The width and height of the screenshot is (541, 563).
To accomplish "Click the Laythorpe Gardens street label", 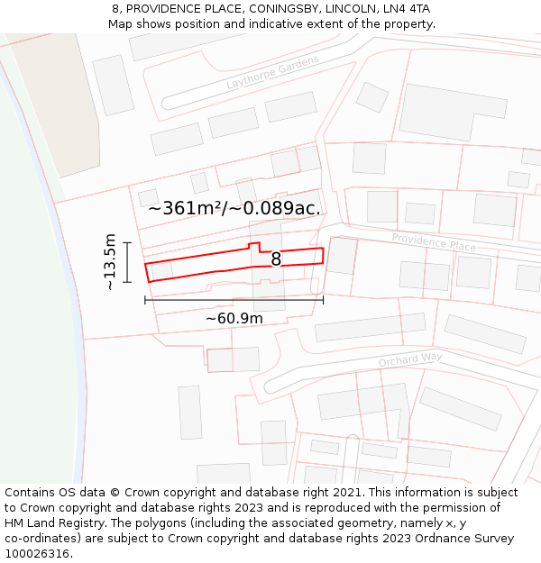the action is (x=272, y=73).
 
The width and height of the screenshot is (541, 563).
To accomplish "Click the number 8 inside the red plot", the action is (x=276, y=259).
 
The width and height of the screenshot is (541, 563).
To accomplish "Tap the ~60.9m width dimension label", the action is (x=234, y=318).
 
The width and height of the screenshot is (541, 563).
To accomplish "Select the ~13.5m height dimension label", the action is (x=110, y=261).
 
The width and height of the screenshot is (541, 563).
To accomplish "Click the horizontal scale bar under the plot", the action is (x=234, y=300).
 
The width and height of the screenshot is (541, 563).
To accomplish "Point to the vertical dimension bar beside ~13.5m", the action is (x=128, y=262).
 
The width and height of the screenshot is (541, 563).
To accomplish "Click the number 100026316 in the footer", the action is (x=37, y=553).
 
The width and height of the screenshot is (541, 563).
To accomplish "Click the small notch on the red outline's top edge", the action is (x=254, y=246).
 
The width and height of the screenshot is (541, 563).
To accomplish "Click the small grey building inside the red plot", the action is (x=162, y=270).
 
